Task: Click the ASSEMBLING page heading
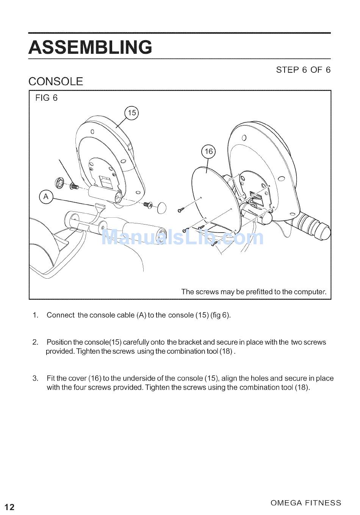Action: click(x=90, y=47)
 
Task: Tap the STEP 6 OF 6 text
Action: click(x=303, y=70)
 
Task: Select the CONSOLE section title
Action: click(x=56, y=82)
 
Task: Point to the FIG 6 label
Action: click(x=46, y=98)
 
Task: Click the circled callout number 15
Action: click(x=131, y=113)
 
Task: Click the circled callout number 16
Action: click(x=208, y=151)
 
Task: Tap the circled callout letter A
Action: click(x=46, y=197)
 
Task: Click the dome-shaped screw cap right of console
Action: click(x=162, y=208)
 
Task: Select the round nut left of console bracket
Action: click(x=59, y=183)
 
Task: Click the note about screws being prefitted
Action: click(x=254, y=292)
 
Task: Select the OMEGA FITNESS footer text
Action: click(x=306, y=503)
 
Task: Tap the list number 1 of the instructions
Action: click(x=35, y=315)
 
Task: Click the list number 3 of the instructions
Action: click(x=35, y=378)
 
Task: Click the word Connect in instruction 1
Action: click(x=61, y=315)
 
